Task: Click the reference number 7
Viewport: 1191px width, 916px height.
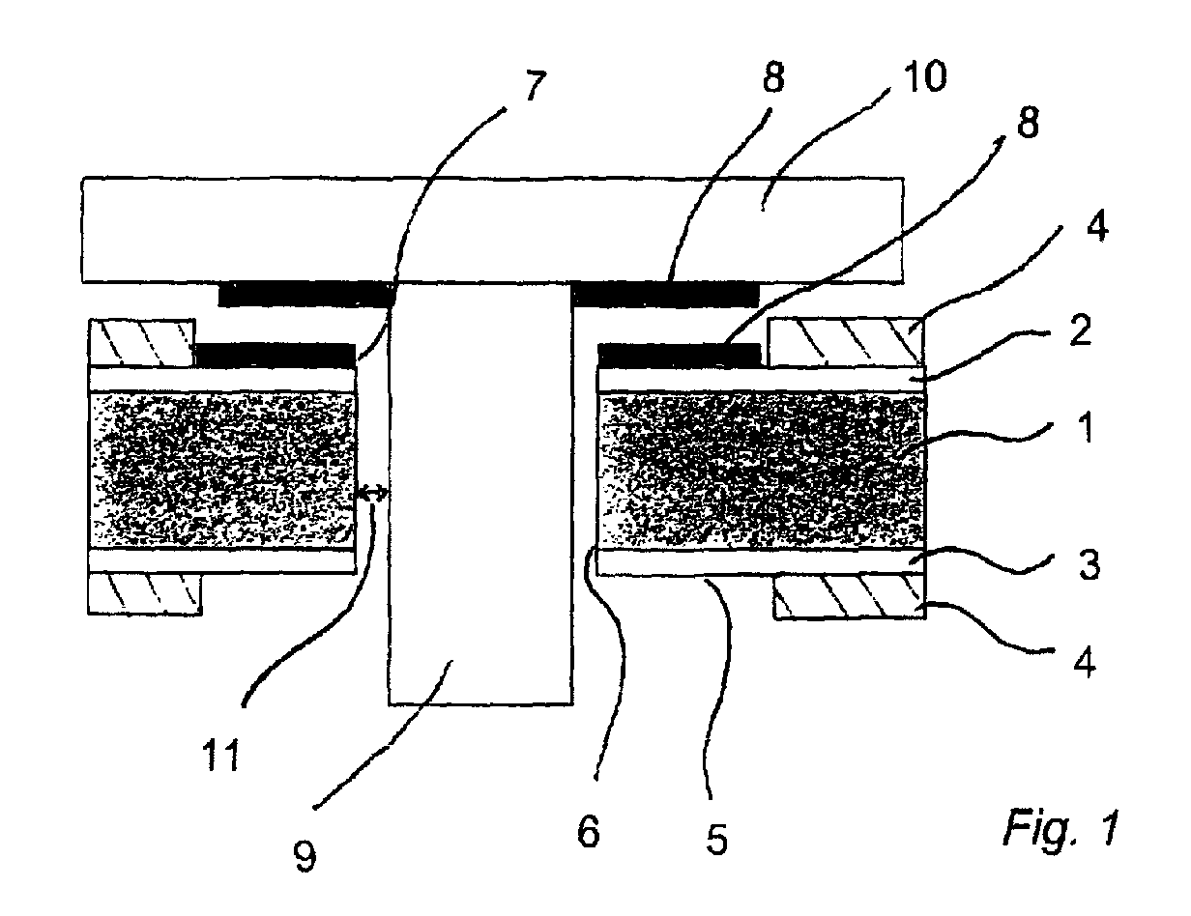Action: click(536, 86)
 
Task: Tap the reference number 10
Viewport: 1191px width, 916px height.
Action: click(924, 76)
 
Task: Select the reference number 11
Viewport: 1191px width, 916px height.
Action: click(221, 756)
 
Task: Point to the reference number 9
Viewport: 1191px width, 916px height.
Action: click(305, 856)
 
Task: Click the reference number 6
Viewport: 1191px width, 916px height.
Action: click(589, 832)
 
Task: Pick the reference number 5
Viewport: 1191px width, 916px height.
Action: click(716, 839)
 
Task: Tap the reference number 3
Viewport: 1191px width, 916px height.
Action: click(1089, 565)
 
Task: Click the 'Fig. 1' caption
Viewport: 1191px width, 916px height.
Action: click(1060, 825)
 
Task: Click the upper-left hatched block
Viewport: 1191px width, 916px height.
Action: click(141, 342)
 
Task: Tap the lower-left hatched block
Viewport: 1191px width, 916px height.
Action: click(145, 594)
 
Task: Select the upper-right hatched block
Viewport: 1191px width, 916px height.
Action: click(846, 342)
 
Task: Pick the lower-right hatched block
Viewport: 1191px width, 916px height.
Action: click(850, 596)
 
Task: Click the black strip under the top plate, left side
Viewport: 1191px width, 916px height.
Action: click(306, 294)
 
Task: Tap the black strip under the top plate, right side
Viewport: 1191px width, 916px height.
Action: click(665, 294)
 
